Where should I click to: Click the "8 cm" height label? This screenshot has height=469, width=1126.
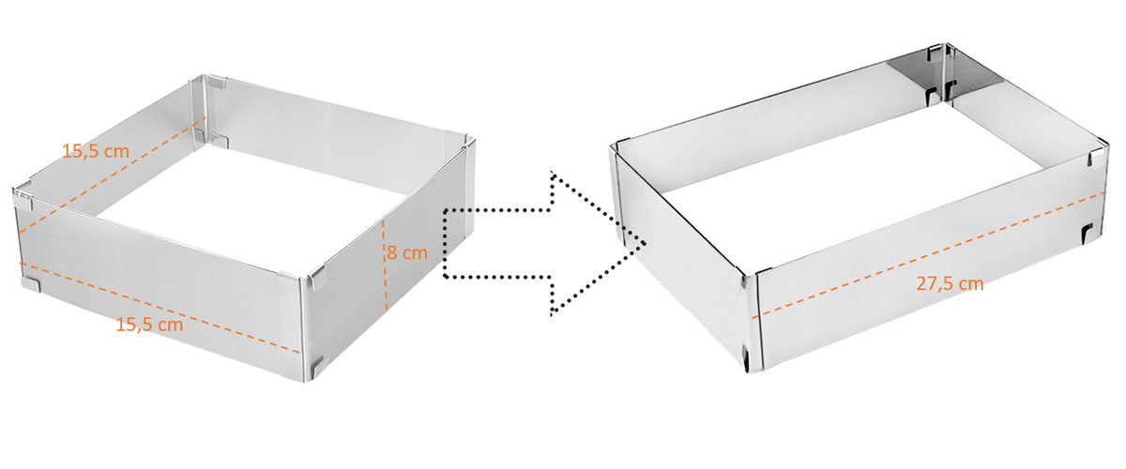click(x=407, y=253)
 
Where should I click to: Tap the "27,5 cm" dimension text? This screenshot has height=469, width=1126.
click(x=950, y=284)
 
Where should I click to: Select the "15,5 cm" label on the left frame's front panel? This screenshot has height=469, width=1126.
click(x=149, y=325)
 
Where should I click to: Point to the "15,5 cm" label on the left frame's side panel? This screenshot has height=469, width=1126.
click(x=96, y=151)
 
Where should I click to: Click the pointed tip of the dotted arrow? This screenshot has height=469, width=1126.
click(x=645, y=243)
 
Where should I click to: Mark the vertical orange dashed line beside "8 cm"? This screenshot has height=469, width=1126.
click(x=385, y=265)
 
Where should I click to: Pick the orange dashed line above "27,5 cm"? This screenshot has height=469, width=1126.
click(x=929, y=255)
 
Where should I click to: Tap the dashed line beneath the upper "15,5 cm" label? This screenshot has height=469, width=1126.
click(x=112, y=174)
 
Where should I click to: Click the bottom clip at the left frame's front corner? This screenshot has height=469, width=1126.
click(x=318, y=369)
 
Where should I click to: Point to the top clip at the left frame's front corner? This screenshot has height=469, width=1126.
click(x=318, y=279)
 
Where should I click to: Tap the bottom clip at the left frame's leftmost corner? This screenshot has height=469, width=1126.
click(x=31, y=284)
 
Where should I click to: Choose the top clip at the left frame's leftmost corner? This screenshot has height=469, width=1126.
click(x=24, y=201)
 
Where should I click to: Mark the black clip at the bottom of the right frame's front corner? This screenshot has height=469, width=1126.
click(x=745, y=357)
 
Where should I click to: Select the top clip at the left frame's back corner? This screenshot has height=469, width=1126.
click(x=217, y=82)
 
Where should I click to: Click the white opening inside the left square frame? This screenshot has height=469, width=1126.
click(x=251, y=191)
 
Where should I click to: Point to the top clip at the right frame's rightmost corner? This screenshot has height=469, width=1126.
click(x=1092, y=159)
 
